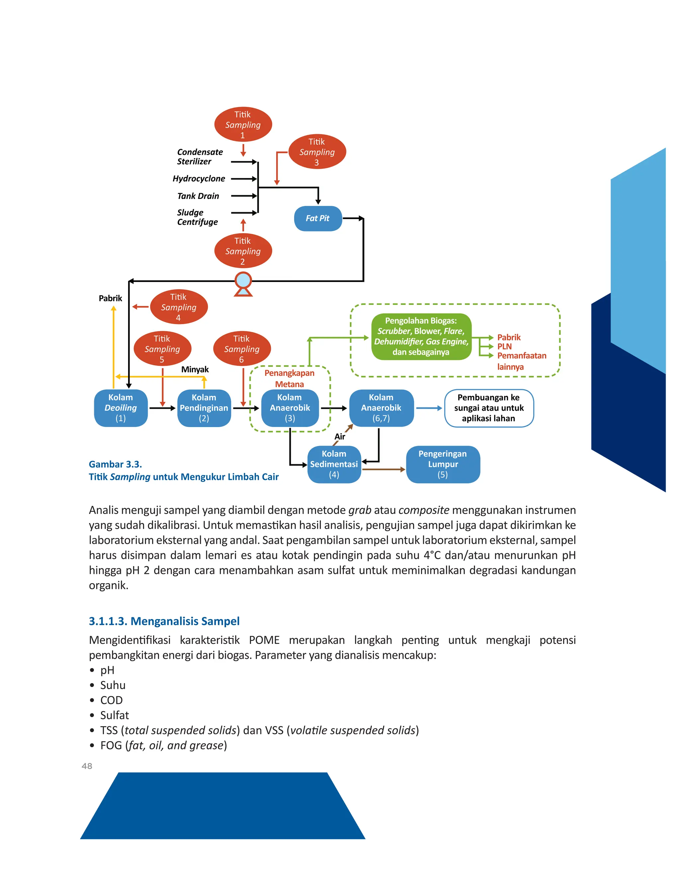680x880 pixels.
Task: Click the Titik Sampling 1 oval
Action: point(243,125)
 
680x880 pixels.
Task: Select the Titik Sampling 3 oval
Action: point(317,152)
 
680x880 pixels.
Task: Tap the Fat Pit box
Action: point(318,219)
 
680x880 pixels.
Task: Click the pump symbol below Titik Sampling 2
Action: point(243,283)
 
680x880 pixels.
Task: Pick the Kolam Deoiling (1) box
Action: point(121,408)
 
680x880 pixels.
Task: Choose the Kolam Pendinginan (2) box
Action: point(204,408)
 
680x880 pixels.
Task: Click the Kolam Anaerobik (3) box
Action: point(290,408)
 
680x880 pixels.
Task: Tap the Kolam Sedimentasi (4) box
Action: point(334,464)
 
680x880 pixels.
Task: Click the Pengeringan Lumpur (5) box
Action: point(443,464)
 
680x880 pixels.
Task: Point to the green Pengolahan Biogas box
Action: point(421,336)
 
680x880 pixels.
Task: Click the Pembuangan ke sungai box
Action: point(489,408)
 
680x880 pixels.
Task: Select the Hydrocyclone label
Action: point(199,179)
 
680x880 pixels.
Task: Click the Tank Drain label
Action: point(198,196)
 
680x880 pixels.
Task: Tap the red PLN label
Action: point(504,346)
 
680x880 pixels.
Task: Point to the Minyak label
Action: point(195,370)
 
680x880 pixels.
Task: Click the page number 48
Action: point(87,766)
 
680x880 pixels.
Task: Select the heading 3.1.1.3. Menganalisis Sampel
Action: point(164,621)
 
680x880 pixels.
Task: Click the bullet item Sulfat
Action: point(115,715)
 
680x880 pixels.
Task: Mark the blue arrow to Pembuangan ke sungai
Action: point(429,408)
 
